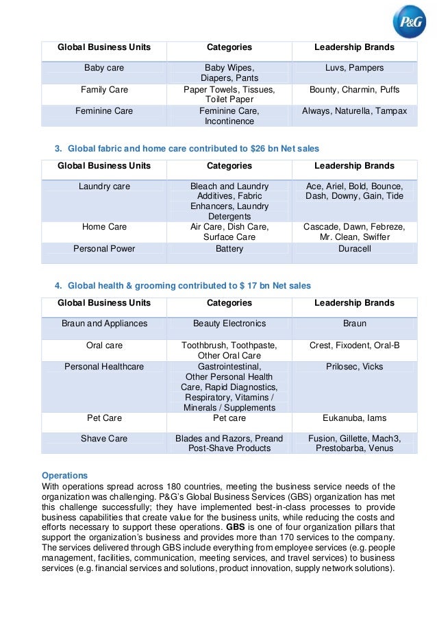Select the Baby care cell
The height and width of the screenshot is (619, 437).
103,68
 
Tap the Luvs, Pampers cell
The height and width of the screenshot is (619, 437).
354,68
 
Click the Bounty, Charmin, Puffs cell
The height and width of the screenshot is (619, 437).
354,90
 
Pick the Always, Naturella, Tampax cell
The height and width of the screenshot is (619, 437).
354,111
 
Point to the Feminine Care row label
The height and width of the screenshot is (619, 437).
103,111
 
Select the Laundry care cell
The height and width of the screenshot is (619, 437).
104,186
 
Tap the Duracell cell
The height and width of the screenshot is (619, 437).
354,249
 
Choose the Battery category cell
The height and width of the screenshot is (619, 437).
229,249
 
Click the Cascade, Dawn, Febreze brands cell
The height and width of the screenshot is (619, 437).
354,232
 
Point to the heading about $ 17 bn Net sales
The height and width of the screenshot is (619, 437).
188,285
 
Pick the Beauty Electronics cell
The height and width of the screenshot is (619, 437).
229,324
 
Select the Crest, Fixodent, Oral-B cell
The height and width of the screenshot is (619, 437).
354,345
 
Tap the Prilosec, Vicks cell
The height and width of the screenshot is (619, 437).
354,367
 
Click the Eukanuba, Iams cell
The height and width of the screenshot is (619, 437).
354,417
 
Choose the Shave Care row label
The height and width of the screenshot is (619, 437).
104,439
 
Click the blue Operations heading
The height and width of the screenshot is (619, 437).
65,475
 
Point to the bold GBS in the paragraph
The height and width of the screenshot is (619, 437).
235,527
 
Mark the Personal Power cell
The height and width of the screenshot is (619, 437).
104,249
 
